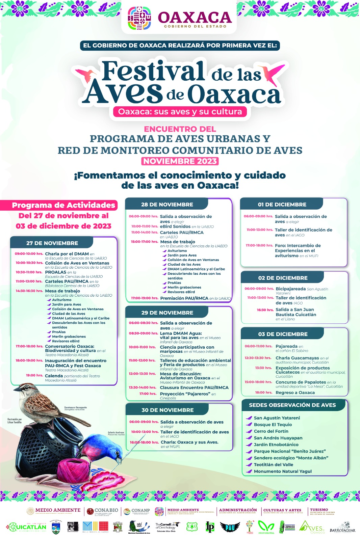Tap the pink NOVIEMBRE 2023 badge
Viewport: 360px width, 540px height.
coord(180,161)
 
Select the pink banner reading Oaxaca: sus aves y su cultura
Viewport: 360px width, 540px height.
coord(180,112)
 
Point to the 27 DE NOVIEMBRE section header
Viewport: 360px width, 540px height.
coord(52,243)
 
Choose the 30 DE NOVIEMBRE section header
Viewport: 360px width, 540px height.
coord(168,410)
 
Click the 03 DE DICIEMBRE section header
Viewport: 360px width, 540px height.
coord(283,334)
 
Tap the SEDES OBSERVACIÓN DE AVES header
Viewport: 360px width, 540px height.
coord(292,405)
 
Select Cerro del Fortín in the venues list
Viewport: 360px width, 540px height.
coord(271,431)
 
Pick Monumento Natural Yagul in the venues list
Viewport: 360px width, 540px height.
coord(283,471)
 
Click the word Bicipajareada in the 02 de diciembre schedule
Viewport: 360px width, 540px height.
coord(291,289)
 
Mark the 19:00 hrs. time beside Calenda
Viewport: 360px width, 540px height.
coord(34,375)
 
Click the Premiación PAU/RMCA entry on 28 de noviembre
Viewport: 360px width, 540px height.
coord(184,298)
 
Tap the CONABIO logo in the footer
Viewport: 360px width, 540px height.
coord(103,511)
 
